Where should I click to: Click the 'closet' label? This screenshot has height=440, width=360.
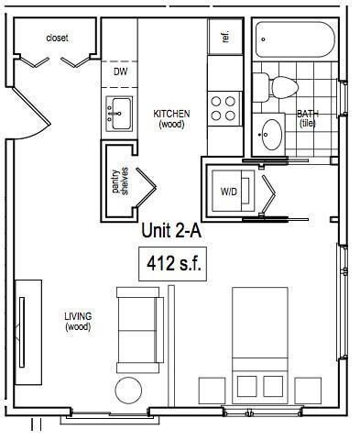pyautogui.click(x=57, y=38)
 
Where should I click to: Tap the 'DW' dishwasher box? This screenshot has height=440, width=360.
pyautogui.click(x=120, y=71)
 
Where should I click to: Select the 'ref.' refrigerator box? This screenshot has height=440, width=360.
pyautogui.click(x=225, y=38)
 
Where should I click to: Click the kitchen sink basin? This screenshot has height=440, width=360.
pyautogui.click(x=118, y=115)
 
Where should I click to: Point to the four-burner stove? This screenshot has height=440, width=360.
pyautogui.click(x=222, y=108)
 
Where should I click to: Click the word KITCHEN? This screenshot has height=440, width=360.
pyautogui.click(x=171, y=114)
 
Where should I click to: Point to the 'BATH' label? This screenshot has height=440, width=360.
pyautogui.click(x=307, y=115)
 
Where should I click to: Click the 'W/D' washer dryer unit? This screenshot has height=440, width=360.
pyautogui.click(x=229, y=192)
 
